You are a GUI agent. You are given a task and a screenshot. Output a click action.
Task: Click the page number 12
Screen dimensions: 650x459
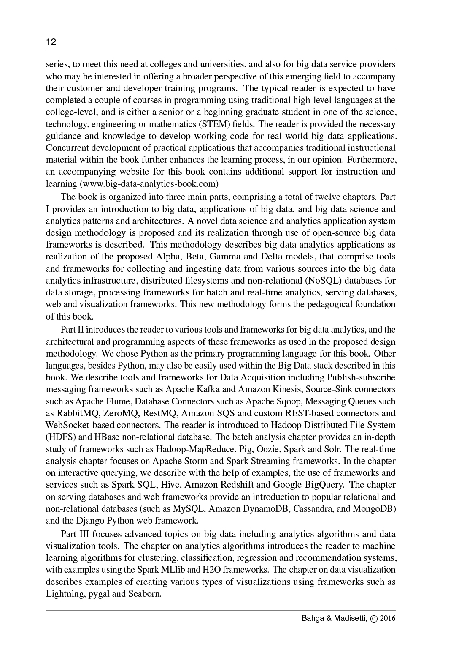[51, 42]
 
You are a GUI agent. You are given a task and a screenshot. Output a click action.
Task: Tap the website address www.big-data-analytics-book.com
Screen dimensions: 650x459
[149, 184]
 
